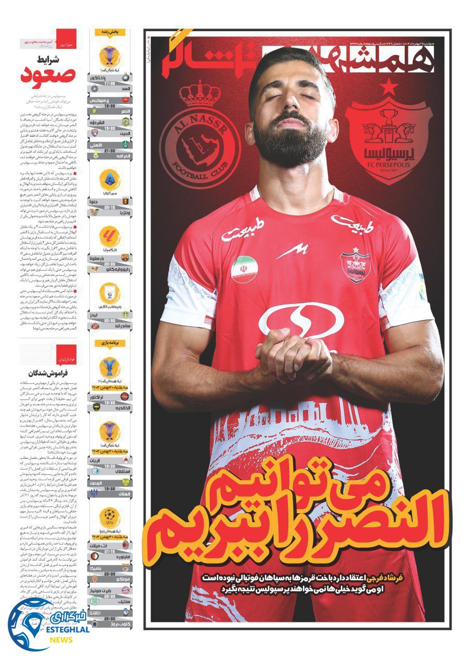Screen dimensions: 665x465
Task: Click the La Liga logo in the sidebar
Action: [x=110, y=236]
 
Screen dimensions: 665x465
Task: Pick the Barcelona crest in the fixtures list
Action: [x=125, y=258]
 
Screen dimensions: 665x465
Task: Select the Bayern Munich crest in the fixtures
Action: [x=125, y=590]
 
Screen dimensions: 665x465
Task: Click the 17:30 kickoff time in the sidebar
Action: [x=110, y=84]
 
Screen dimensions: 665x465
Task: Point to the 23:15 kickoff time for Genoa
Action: [x=110, y=206]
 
